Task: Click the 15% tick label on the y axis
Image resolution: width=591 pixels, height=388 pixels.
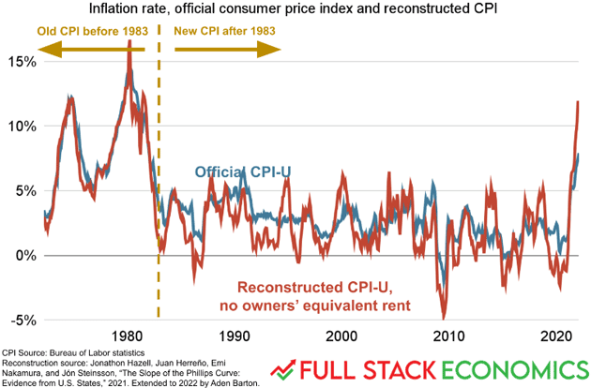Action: [x=19, y=62]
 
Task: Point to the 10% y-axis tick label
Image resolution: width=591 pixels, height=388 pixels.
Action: [x=19, y=127]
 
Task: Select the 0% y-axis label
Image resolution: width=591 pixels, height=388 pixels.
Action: [x=23, y=256]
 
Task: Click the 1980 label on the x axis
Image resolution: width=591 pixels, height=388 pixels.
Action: [x=127, y=336]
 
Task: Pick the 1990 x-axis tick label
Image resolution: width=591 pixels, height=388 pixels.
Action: [x=234, y=336]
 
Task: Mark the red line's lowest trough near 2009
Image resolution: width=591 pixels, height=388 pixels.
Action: [x=444, y=317]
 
